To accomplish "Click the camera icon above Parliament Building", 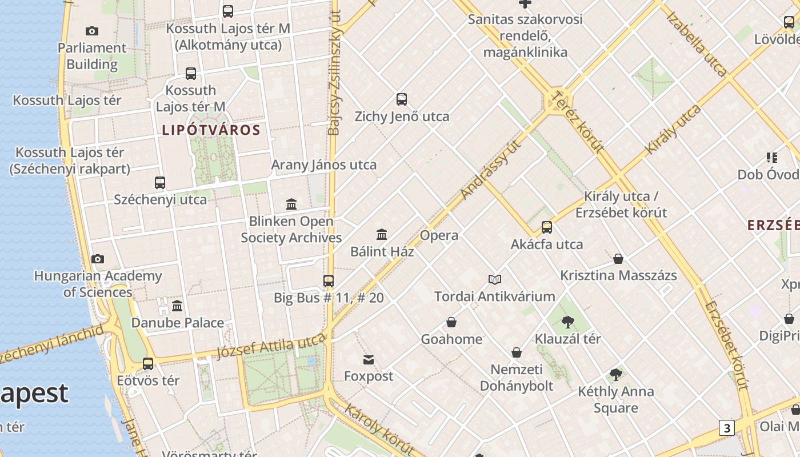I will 91,31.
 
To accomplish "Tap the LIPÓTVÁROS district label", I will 211,130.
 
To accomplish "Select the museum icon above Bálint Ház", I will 382,234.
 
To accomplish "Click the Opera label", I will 439,235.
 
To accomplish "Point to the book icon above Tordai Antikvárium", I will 495,279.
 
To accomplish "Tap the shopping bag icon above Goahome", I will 451,322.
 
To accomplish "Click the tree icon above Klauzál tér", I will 567,322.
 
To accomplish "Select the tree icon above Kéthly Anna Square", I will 615,375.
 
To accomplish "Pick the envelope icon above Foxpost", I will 369,360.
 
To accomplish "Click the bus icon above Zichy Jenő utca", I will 402,99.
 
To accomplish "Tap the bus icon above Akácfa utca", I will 547,227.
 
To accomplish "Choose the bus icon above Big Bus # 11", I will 329,281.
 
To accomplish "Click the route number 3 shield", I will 726,428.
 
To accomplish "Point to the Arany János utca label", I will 323,165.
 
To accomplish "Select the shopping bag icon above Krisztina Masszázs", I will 618,259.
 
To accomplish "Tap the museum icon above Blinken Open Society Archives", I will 291,204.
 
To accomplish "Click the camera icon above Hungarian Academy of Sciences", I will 98,259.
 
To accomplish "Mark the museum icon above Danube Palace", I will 177,306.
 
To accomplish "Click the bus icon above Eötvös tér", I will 148,363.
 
